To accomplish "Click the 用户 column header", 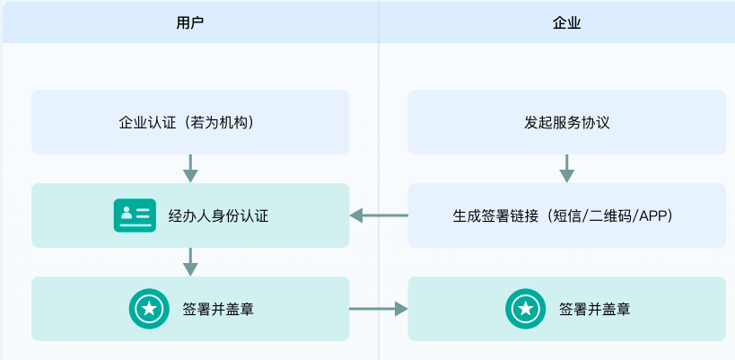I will [x=190, y=22].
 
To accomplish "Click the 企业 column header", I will [x=566, y=22].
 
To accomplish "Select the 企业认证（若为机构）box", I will [x=190, y=122].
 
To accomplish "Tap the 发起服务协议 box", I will [x=566, y=122].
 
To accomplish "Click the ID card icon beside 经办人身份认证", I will [x=135, y=215].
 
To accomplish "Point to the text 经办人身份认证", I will [x=219, y=215].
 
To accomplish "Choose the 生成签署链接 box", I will [x=566, y=215].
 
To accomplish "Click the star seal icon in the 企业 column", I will [x=523, y=309].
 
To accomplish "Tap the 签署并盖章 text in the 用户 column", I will [x=217, y=309].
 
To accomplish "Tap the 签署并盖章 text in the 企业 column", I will [x=594, y=309].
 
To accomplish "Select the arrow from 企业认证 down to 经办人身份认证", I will [x=190, y=168].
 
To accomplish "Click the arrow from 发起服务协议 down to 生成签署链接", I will [x=566, y=168].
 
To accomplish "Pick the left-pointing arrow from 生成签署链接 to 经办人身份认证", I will [x=378, y=215].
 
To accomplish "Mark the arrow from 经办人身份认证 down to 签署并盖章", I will [x=190, y=261].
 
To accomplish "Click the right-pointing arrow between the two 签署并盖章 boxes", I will [x=378, y=309].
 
